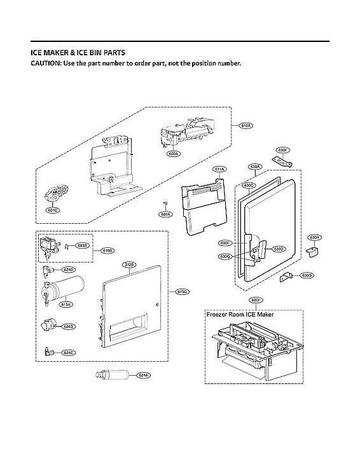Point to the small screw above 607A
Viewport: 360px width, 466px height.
(x=165, y=203)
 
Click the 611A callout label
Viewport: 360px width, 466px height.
(x=219, y=169)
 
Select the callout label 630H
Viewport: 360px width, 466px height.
(x=314, y=237)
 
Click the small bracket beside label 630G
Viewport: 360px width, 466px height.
(x=287, y=275)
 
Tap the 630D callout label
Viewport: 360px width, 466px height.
(x=279, y=249)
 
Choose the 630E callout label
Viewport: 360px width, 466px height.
(x=225, y=243)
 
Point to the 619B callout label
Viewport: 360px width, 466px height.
(x=108, y=251)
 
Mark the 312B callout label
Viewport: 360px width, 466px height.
(x=128, y=264)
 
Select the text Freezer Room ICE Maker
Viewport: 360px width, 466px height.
(x=237, y=314)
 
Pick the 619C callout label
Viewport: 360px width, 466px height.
(x=183, y=292)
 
